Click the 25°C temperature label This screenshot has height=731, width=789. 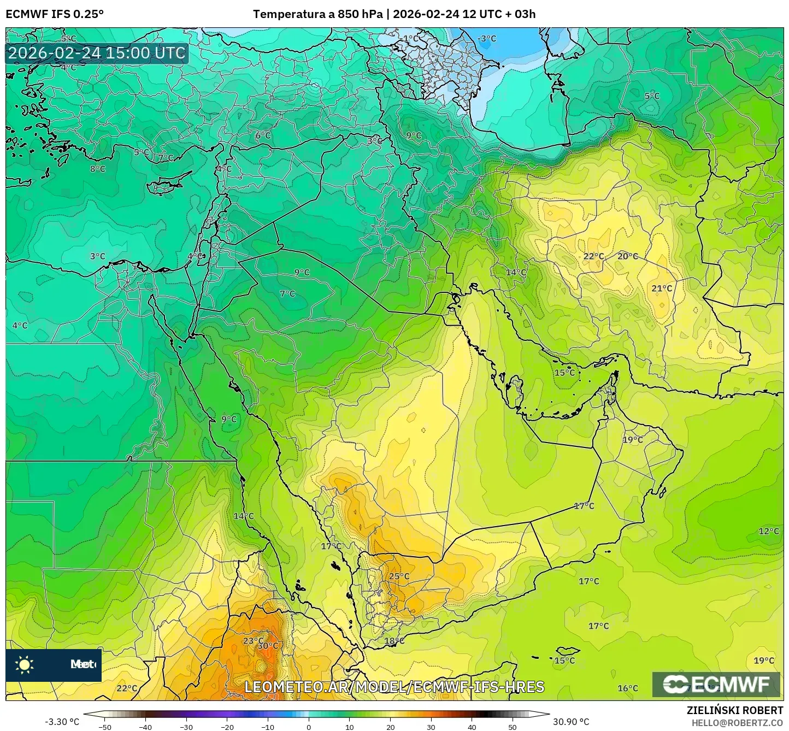coord(399,576)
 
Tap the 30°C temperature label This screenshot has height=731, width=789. coord(268,645)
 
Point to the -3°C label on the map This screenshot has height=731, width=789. coord(487,38)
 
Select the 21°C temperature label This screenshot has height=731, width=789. coord(662,288)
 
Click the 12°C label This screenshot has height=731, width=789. coord(769,531)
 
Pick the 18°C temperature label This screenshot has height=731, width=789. coord(394,641)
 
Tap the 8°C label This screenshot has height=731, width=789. coord(97,169)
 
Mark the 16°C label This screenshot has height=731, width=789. coord(628,688)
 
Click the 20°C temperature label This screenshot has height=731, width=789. coord(628,256)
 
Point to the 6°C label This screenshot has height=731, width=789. coord(263,135)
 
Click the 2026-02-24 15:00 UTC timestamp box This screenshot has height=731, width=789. coord(97,53)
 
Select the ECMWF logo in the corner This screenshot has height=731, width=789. coord(716,684)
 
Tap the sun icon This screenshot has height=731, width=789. coord(24,664)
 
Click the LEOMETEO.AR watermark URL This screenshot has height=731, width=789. coord(394,687)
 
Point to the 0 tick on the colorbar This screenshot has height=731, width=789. coord(309,727)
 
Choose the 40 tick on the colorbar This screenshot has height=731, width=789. coord(472,727)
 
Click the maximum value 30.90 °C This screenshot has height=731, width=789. coord(571,722)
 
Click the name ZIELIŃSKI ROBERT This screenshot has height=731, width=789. coord(735,710)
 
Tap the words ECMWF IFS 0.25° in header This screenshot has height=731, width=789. coord(55,14)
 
